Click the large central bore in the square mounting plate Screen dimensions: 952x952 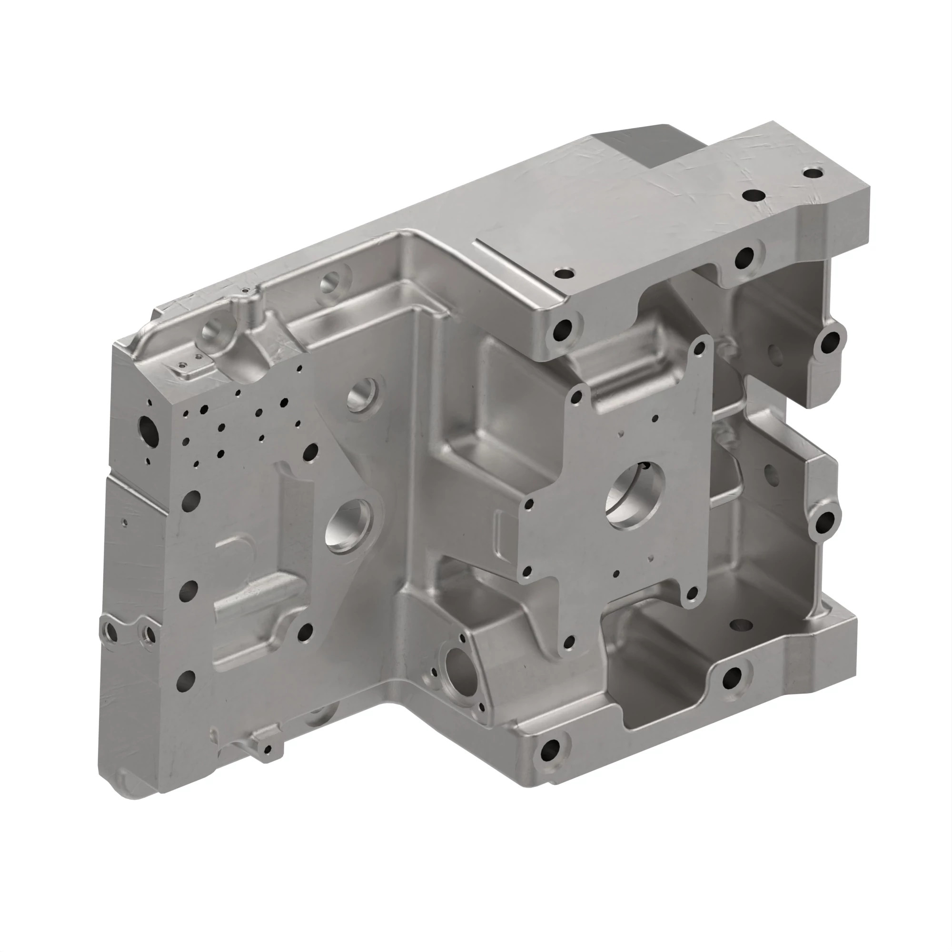point(635,494)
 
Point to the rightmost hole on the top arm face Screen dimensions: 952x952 point(813,173)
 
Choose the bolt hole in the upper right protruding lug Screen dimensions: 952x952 point(830,341)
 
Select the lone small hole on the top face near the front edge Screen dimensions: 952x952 point(564,272)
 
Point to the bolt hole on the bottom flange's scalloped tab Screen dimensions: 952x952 point(732,679)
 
